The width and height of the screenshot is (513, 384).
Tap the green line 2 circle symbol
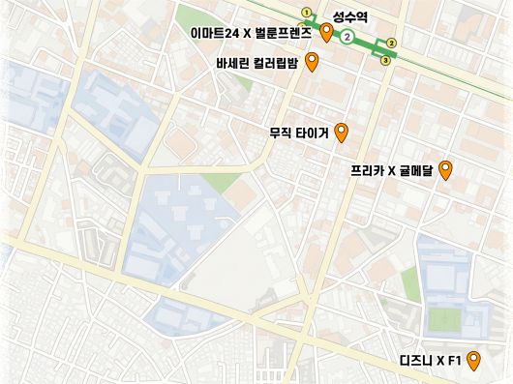pyautogui.click(x=347, y=38)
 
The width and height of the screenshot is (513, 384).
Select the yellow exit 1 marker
pyautogui.click(x=307, y=13)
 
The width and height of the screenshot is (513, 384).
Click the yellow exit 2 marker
pyautogui.click(x=391, y=43)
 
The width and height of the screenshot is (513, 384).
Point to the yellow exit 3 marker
pyautogui.click(x=385, y=60)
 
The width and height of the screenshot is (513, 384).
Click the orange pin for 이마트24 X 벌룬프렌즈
pyautogui.click(x=327, y=35)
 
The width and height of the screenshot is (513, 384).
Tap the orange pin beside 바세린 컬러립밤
pyautogui.click(x=312, y=64)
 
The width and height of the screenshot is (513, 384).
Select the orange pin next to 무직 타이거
pyautogui.click(x=341, y=133)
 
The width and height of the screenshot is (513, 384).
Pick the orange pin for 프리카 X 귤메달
pyautogui.click(x=445, y=171)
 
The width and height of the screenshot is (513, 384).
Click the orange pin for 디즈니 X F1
pyautogui.click(x=473, y=362)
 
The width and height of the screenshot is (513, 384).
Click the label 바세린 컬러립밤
pyautogui.click(x=258, y=64)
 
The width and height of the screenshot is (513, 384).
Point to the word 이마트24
pyautogui.click(x=215, y=33)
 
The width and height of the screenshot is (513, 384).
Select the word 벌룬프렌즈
pyautogui.click(x=283, y=33)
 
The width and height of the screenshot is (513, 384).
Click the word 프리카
pyautogui.click(x=368, y=171)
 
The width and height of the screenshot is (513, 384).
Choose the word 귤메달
pyautogui.click(x=416, y=171)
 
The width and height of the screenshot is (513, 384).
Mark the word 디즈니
pyautogui.click(x=416, y=362)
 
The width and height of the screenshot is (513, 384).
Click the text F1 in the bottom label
pyautogui.click(x=456, y=362)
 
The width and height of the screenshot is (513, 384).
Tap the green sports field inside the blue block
pyautogui.click(x=446, y=317)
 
